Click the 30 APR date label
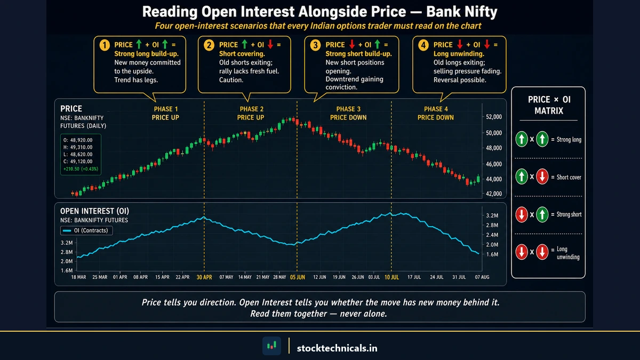[204, 277]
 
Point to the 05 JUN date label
[297, 277]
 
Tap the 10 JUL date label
[391, 277]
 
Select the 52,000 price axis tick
[494, 117]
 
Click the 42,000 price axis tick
[494, 194]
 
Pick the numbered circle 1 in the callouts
[105, 45]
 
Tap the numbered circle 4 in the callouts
[423, 45]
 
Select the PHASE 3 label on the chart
[348, 109]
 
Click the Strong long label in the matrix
[569, 140]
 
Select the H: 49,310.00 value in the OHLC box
[77, 147]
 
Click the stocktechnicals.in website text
[337, 348]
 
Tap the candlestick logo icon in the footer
[271, 347]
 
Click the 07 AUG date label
[482, 277]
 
